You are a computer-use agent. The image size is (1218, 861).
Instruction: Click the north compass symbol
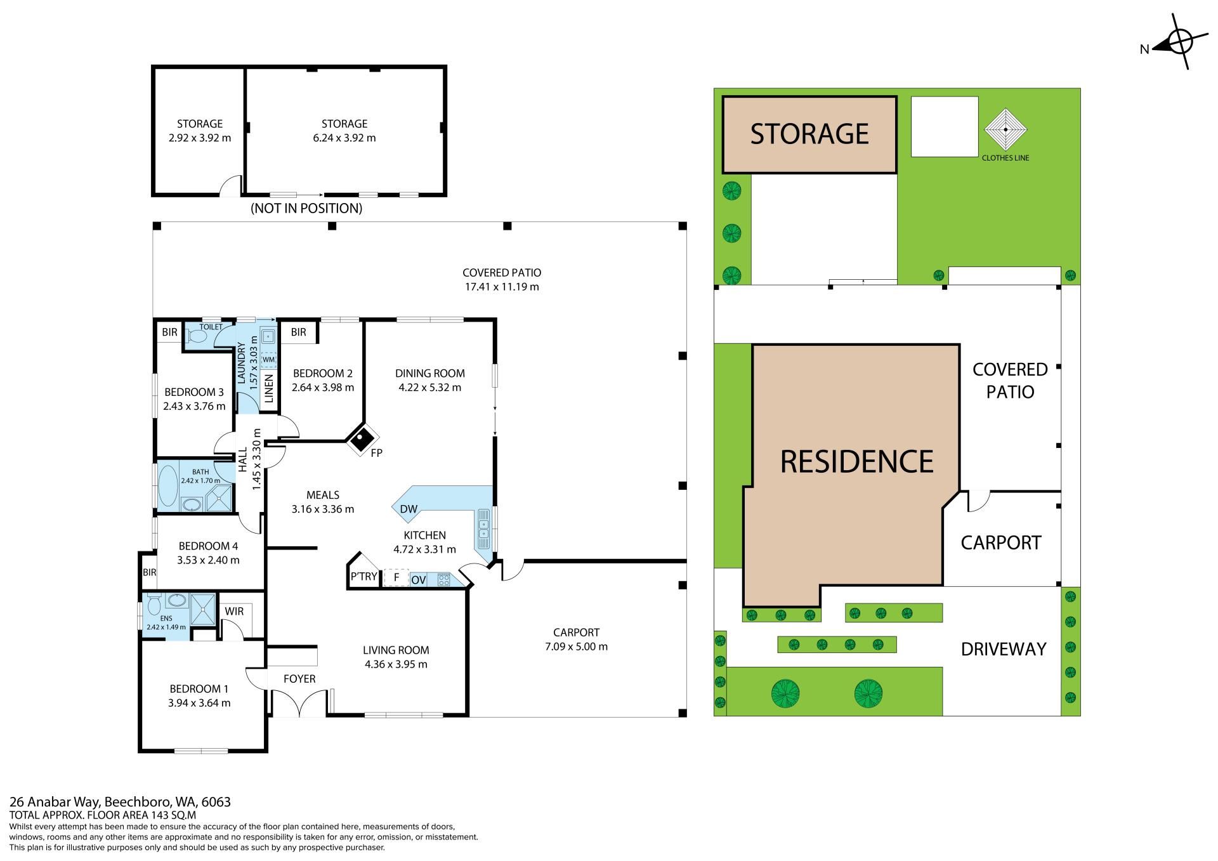tap(1173, 45)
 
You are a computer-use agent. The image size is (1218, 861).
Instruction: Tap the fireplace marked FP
tap(362, 438)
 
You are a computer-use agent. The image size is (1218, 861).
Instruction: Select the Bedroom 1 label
tap(199, 689)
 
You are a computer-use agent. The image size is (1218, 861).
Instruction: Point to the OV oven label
tap(418, 579)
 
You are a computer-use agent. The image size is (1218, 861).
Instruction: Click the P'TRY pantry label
tap(363, 577)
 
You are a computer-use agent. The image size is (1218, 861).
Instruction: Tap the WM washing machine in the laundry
tap(269, 360)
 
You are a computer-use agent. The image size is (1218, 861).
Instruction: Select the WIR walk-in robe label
tap(234, 612)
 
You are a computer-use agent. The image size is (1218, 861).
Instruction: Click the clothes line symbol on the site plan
tap(1005, 129)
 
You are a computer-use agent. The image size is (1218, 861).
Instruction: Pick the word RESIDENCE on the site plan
tap(856, 461)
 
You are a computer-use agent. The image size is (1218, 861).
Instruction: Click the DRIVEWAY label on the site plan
tap(1003, 649)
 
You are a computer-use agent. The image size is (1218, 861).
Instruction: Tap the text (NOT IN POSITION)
tap(306, 208)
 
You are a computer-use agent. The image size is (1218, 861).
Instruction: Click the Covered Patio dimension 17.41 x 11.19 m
tap(502, 287)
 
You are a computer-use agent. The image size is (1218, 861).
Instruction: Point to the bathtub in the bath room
tap(168, 486)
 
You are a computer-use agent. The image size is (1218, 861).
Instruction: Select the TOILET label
tap(211, 327)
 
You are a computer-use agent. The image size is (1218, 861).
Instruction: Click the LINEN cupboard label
tap(268, 388)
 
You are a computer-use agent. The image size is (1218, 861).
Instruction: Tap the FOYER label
tap(299, 679)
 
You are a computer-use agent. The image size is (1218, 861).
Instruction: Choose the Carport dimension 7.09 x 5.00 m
tap(576, 647)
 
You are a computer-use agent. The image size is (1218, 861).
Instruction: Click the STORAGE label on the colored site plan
tap(809, 134)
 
